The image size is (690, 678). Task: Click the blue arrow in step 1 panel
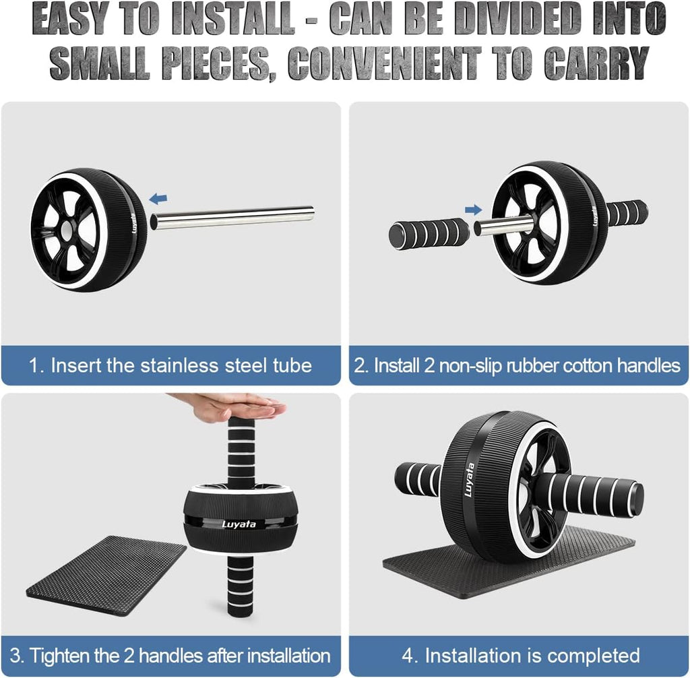coord(159,198)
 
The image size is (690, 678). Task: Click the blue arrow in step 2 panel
coord(474,210)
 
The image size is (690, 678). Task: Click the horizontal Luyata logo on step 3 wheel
coord(239,524)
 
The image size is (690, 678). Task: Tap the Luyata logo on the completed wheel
coord(469,479)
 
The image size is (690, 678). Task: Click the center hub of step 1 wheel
coord(67,231)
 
